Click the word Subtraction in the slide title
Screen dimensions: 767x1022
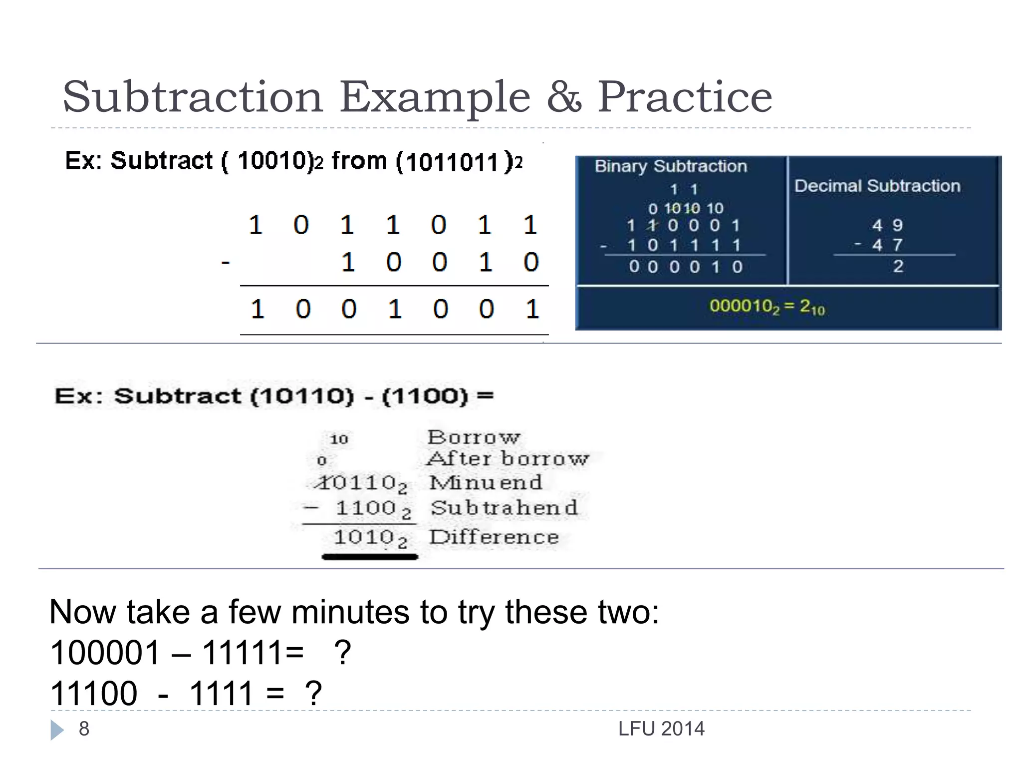pyautogui.click(x=193, y=97)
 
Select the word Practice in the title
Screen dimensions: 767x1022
pyautogui.click(x=685, y=97)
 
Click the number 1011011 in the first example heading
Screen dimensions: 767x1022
pyautogui.click(x=452, y=162)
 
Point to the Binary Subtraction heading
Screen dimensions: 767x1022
pyautogui.click(x=671, y=166)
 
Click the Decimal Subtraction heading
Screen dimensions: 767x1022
pyautogui.click(x=877, y=186)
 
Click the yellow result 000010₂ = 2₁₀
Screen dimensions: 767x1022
pyautogui.click(x=767, y=306)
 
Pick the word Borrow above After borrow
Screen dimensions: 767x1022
pyautogui.click(x=474, y=437)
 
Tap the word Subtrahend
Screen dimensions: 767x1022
pyautogui.click(x=504, y=508)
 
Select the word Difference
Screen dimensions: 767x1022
pyautogui.click(x=494, y=537)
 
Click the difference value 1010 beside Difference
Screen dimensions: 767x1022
pyautogui.click(x=365, y=537)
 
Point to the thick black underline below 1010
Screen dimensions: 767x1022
pyautogui.click(x=370, y=557)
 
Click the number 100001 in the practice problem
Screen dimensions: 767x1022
pyautogui.click(x=105, y=652)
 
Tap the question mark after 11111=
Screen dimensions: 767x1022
pyautogui.click(x=342, y=652)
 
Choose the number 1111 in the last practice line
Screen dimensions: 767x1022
pyautogui.click(x=221, y=693)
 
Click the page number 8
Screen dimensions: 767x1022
pyautogui.click(x=84, y=729)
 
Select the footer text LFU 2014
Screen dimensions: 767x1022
pyautogui.click(x=661, y=729)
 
